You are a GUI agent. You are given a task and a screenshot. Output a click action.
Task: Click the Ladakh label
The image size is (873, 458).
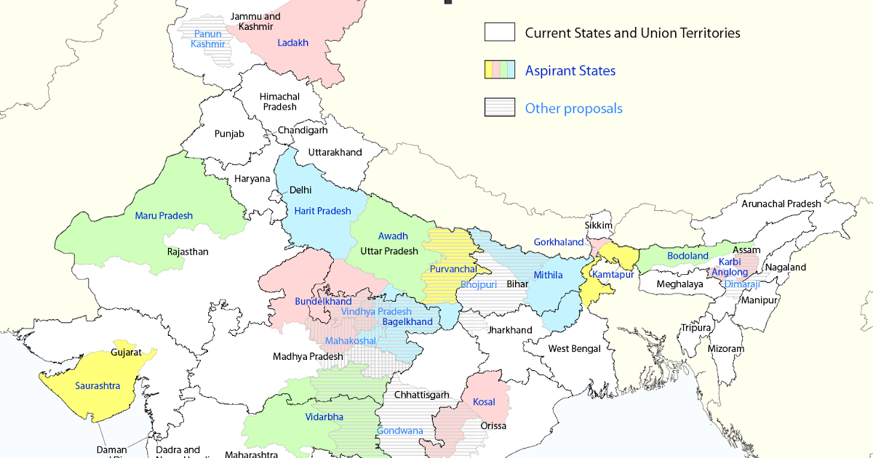[293, 43]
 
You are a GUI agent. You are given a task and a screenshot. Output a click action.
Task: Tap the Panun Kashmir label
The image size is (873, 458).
[207, 39]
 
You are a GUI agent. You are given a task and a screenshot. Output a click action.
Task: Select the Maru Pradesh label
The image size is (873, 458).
[164, 215]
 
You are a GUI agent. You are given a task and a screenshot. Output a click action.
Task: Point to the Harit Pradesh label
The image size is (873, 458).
[322, 211]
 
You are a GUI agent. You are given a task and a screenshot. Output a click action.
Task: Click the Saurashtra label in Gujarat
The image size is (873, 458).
[97, 385]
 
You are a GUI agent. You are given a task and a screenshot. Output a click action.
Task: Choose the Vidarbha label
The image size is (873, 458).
[324, 417]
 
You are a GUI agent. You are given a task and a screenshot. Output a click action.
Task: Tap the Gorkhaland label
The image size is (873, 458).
[559, 242]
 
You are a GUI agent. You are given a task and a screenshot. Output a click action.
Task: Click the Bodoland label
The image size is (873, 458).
[687, 256]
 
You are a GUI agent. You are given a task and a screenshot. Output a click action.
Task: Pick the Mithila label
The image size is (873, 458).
[548, 275]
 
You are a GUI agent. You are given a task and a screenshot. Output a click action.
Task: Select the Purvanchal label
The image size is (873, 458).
[453, 269]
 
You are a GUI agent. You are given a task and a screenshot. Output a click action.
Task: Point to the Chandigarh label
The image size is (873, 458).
[303, 131]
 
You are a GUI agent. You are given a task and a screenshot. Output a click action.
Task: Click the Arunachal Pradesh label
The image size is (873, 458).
[781, 204]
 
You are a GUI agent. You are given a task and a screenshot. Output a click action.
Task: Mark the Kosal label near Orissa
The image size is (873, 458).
[484, 402]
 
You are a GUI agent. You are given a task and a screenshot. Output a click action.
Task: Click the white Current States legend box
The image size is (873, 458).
[500, 32]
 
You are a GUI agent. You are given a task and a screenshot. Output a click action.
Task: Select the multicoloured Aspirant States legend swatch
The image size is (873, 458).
[500, 70]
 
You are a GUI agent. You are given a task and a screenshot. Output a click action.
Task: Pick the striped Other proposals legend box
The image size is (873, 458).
[500, 108]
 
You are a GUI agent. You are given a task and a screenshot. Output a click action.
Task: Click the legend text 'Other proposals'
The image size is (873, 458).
[573, 108]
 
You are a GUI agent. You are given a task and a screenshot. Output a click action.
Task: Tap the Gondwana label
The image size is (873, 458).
[399, 430]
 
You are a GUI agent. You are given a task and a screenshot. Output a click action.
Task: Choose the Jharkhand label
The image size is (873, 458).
[510, 330]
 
